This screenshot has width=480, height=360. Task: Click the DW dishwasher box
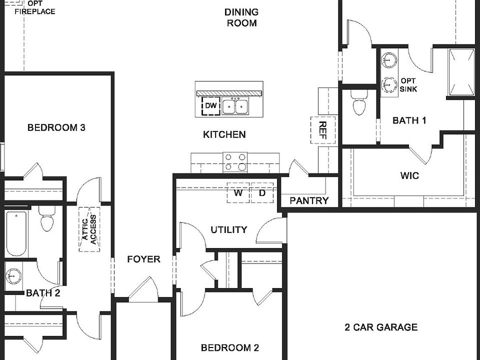click(x=211, y=106)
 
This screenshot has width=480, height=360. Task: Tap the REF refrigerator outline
click(x=322, y=130)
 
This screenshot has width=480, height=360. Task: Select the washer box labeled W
click(x=238, y=193)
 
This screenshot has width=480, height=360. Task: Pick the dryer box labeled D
click(x=262, y=193)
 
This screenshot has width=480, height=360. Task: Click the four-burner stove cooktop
click(x=235, y=162)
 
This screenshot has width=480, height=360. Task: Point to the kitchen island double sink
click(x=235, y=106)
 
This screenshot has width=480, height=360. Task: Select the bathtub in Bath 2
click(x=16, y=233)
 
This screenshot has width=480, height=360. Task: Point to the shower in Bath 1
click(x=461, y=72)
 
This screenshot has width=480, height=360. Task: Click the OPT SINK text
click(x=408, y=85)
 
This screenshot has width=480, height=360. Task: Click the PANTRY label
click(x=309, y=201)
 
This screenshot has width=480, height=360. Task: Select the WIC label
click(x=409, y=176)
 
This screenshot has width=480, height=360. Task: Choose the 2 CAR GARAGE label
click(x=381, y=327)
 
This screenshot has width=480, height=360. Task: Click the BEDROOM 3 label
click(x=56, y=127)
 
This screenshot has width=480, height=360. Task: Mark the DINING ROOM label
click(x=241, y=17)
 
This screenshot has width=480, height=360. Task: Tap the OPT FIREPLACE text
click(x=34, y=7)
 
